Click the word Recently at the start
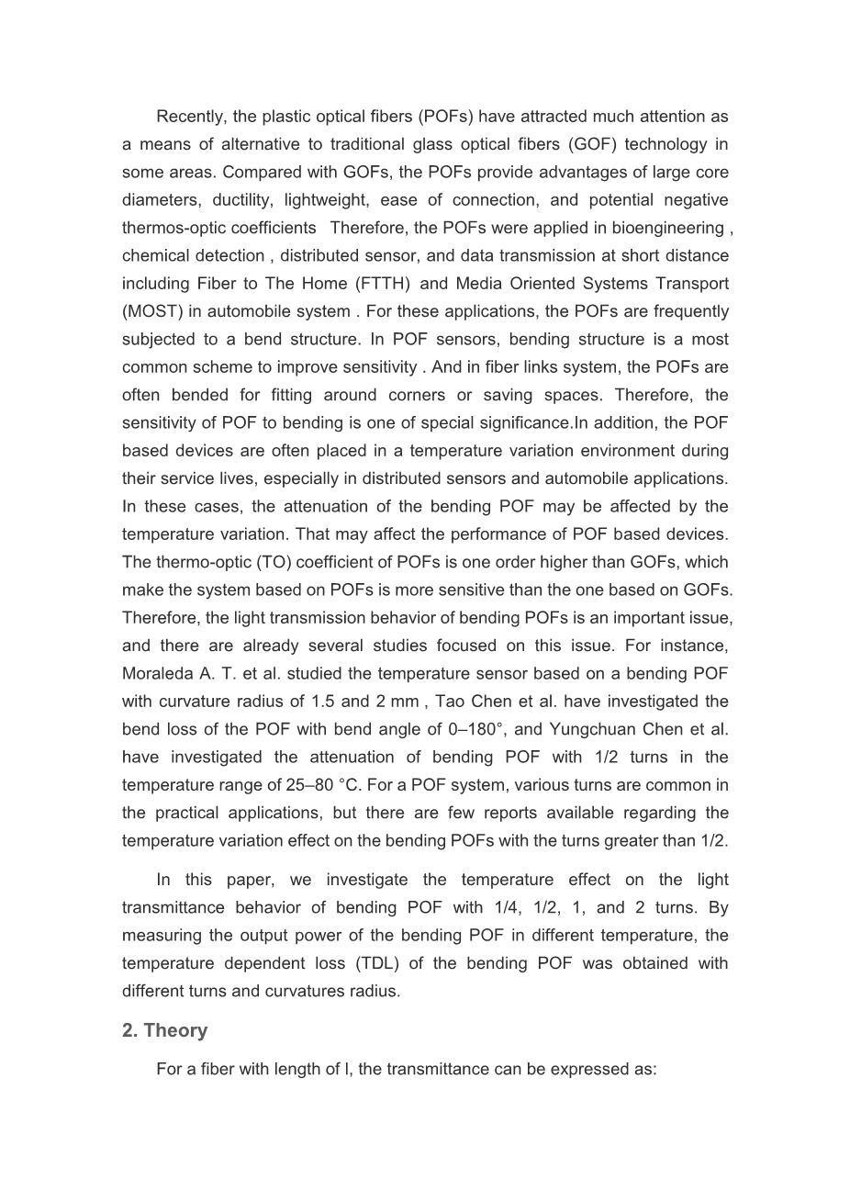point(191,117)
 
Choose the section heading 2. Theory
point(164,1030)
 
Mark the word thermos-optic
point(170,228)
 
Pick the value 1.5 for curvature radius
point(322,702)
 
